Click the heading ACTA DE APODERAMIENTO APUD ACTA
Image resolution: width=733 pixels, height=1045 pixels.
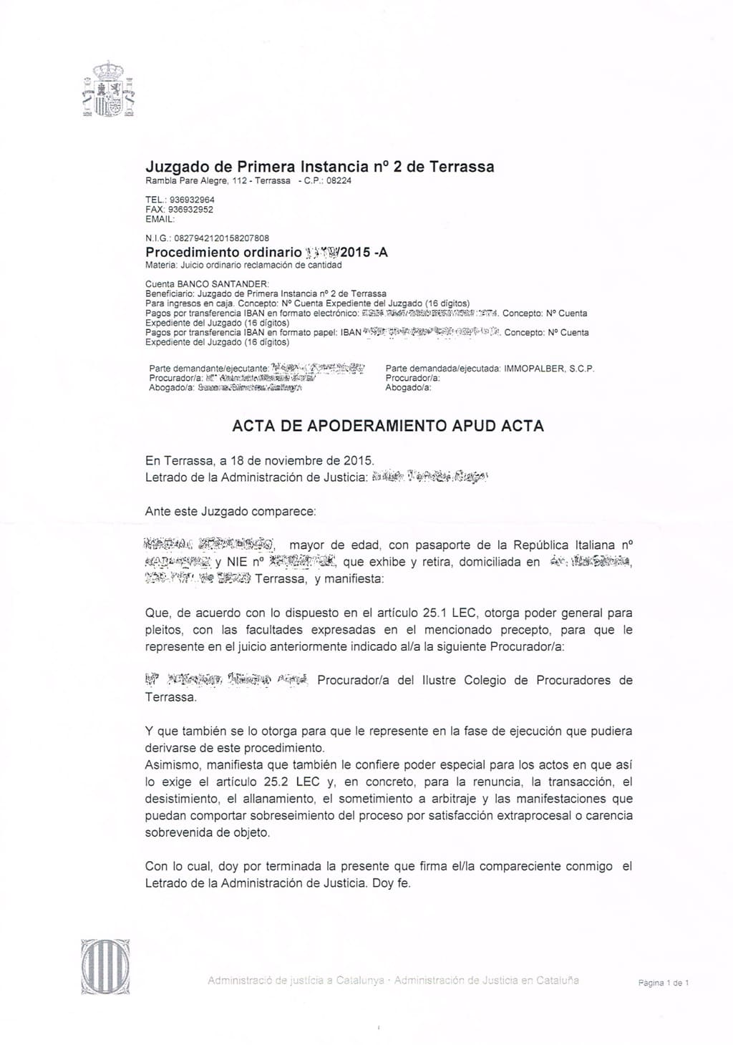click(388, 427)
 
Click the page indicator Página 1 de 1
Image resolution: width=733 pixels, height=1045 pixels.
click(663, 983)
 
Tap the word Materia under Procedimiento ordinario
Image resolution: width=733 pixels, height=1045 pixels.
click(160, 265)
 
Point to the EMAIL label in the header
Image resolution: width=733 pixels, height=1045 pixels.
click(159, 220)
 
